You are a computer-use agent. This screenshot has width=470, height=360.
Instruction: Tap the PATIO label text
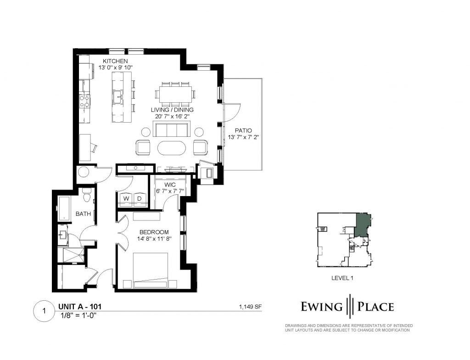coord(243,131)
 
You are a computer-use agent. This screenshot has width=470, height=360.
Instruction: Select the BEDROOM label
coord(154,232)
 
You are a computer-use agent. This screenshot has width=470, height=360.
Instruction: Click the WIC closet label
coord(170,185)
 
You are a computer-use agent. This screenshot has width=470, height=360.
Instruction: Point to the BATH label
coord(83,214)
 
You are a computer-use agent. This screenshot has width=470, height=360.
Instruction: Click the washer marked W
coord(126,198)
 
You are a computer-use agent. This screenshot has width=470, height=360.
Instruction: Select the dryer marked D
coord(140,198)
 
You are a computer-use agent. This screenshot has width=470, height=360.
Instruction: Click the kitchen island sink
coord(118,96)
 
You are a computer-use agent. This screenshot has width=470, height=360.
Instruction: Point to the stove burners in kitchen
coord(84,101)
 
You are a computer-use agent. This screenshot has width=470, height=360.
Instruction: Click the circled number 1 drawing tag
coord(45,311)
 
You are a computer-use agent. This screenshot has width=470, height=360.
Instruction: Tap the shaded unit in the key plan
coord(363,225)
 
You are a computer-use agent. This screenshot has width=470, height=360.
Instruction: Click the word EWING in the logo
coord(321,307)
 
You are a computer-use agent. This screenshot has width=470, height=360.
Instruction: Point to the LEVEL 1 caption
coord(342,278)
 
